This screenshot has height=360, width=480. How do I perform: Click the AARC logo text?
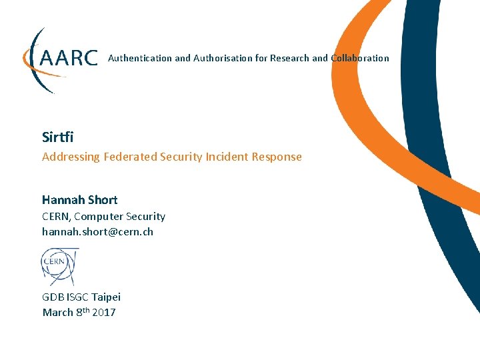[x=69, y=58]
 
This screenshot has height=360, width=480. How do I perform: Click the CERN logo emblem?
[x=60, y=266]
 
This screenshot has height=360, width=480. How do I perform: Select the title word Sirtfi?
[x=57, y=137]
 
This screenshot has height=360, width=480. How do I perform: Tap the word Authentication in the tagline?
[x=140, y=58]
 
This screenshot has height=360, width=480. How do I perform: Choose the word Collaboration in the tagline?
[x=360, y=58]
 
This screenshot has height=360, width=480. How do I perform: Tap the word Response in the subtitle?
[x=277, y=157]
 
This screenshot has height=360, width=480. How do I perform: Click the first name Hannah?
[x=61, y=200]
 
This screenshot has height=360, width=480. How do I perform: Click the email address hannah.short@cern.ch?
[x=97, y=232]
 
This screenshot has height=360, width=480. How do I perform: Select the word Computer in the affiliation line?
[x=106, y=217]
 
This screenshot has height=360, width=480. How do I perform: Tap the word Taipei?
[x=107, y=297]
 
